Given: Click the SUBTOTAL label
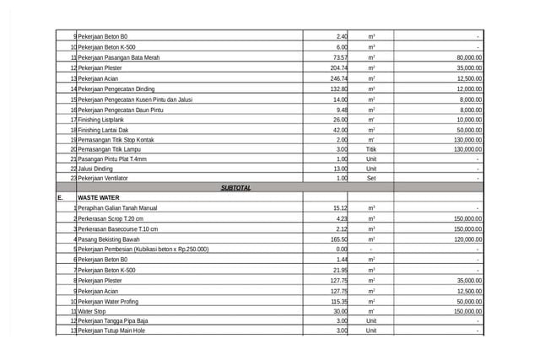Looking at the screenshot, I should click(235, 187).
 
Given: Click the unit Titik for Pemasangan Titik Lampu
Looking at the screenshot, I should click(371, 149).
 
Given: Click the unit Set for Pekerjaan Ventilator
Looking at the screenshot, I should click(371, 178).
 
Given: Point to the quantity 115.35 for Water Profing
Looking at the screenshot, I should click(339, 301).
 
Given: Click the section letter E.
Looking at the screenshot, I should click(60, 197).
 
